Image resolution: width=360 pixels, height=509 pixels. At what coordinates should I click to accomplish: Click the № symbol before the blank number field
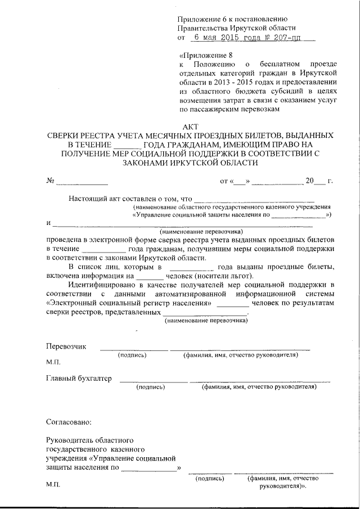coord(50,181)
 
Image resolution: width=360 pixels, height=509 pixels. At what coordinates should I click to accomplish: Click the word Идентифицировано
coord(101,285)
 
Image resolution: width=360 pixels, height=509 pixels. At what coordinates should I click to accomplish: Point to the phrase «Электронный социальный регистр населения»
coord(128,303)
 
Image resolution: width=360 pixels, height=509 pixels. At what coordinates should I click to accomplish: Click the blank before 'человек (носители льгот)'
coord(148,276)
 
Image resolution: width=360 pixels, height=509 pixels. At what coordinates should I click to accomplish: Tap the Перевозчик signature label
coord(66,346)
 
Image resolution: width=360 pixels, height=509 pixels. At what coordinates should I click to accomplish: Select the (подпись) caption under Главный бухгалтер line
coord(151,387)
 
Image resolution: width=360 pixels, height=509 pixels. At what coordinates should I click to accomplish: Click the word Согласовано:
coord(68,421)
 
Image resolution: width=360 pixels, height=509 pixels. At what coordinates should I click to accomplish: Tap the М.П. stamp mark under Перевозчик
coord(53,362)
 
